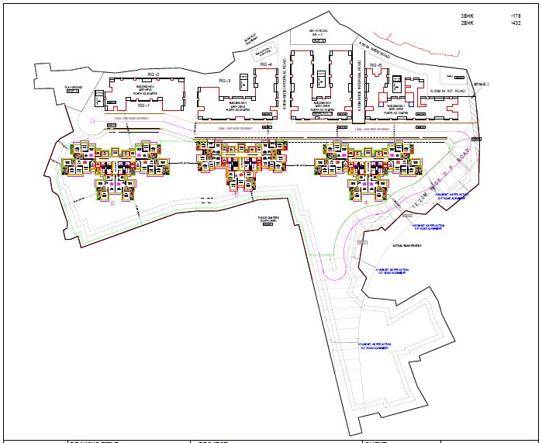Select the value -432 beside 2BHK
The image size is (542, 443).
pos(516,24)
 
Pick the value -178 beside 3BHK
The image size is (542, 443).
pos(516,16)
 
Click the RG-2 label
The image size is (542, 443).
pos(153,74)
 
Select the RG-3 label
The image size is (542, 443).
pos(225,81)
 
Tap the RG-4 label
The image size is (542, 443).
pos(266,64)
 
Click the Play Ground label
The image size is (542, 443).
pos(73,88)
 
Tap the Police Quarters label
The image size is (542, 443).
pos(268,220)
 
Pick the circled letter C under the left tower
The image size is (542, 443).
pos(112,203)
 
